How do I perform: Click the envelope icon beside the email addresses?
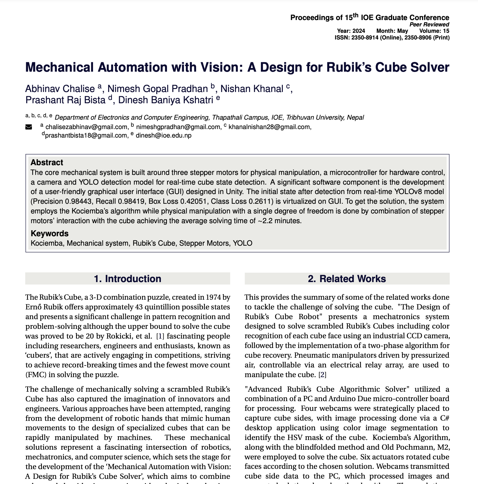[x=29, y=127]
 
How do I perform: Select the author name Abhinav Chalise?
[x=60, y=89]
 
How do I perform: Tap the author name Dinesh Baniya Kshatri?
[x=165, y=100]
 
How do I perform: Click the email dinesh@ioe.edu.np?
[x=164, y=135]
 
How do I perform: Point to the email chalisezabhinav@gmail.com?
[x=86, y=127]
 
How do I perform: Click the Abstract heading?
[x=47, y=162]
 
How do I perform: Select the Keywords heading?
[x=50, y=233]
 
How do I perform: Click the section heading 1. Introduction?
[x=127, y=279]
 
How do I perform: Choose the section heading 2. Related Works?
[x=347, y=279]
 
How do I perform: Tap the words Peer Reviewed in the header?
[x=429, y=25]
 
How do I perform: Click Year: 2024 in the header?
[x=351, y=31]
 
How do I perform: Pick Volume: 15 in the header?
[x=434, y=31]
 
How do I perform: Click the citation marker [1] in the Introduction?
[x=160, y=336]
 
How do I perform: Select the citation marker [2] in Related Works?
[x=322, y=375]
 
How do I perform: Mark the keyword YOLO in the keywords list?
[x=242, y=243]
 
